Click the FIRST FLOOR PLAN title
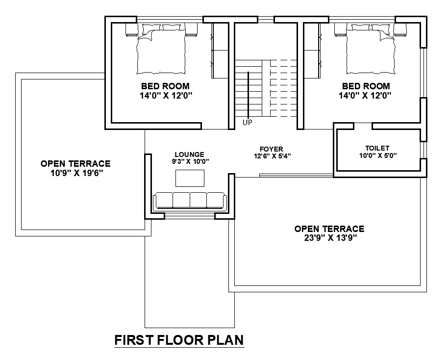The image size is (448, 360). click(x=179, y=340)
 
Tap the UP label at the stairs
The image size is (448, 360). click(x=248, y=123)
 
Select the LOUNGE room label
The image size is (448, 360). click(x=189, y=154)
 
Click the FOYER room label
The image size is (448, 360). click(x=271, y=149)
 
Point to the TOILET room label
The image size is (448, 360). click(x=377, y=148)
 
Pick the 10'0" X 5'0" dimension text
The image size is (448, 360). click(x=377, y=156)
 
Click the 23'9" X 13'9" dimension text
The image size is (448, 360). click(x=329, y=238)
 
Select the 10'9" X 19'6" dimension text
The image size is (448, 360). click(x=75, y=173)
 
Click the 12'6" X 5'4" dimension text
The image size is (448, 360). click(x=271, y=156)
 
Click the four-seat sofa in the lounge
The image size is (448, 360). click(x=189, y=201)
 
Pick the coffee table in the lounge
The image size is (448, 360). click(x=190, y=178)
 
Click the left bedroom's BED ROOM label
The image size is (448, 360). click(x=165, y=86)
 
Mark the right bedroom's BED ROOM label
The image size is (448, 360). click(x=366, y=86)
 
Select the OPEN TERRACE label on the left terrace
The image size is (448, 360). click(x=75, y=164)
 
